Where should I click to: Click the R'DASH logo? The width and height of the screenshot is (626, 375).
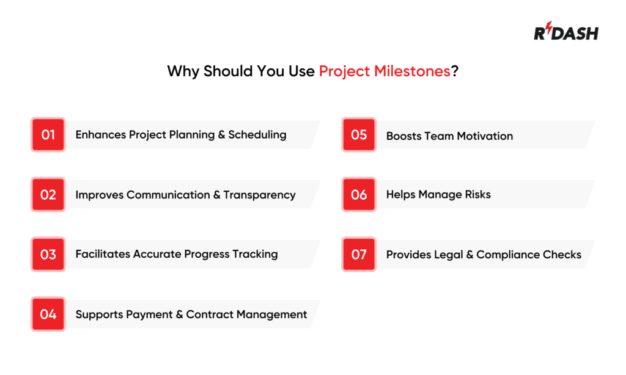566,32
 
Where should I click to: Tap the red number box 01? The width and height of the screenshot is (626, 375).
48,134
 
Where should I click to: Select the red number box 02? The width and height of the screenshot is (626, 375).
48,195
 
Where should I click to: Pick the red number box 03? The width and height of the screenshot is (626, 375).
48,255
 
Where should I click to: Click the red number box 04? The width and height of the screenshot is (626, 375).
48,315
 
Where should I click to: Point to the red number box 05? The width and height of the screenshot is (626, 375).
359,134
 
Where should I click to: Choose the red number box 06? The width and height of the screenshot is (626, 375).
359,195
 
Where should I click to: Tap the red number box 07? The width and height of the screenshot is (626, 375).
359,255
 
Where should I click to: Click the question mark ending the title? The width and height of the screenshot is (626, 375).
455,71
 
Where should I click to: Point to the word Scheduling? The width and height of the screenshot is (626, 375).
257,134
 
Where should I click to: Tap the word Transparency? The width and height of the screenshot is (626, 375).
259,195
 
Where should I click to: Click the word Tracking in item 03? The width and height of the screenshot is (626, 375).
255,255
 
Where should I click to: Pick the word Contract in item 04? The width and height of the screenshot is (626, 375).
208,315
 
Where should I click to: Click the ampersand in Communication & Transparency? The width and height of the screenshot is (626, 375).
216,195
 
